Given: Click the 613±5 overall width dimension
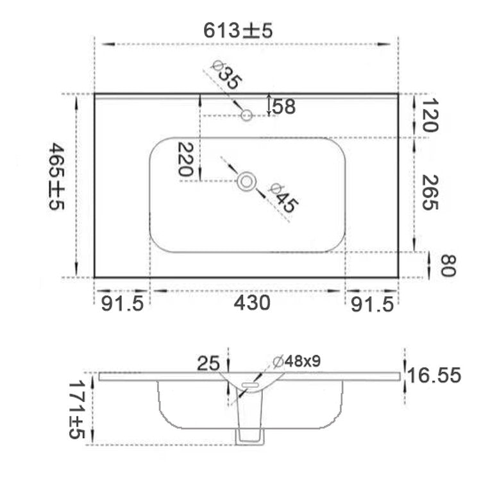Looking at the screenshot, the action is [238, 31].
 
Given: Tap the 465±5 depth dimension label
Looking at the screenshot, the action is [56, 176].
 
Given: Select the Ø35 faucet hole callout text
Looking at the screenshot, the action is [227, 75].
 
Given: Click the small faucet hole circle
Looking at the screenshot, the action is [246, 115].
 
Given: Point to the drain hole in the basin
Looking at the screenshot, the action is [247, 181].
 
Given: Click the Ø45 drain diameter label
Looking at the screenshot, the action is [283, 198].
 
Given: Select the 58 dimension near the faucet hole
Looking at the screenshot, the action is [284, 106].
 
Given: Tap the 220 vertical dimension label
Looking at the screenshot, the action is [185, 159].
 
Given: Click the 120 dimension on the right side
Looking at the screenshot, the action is [430, 115].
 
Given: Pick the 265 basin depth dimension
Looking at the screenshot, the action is [430, 192].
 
